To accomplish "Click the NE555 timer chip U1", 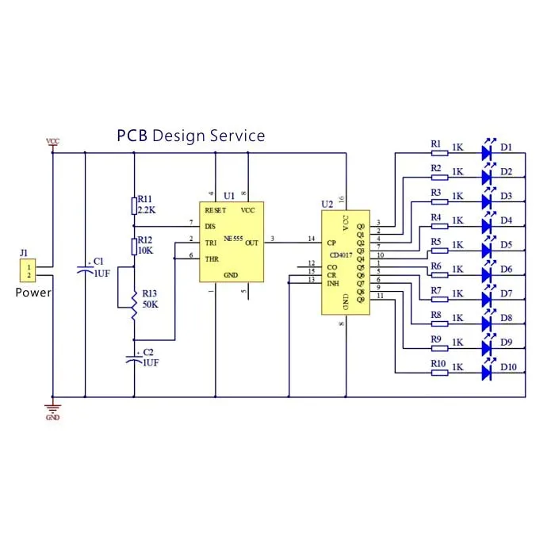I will (231, 242).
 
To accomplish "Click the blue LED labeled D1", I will (488, 148).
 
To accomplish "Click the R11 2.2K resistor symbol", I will (134, 206).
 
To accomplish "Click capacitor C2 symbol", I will (134, 358).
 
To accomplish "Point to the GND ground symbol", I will (52, 408).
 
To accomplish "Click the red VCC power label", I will (52, 142).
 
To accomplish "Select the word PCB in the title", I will (132, 136).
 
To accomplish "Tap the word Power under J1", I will (33, 293).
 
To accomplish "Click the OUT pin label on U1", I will (252, 243).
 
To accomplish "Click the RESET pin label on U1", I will (215, 210).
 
